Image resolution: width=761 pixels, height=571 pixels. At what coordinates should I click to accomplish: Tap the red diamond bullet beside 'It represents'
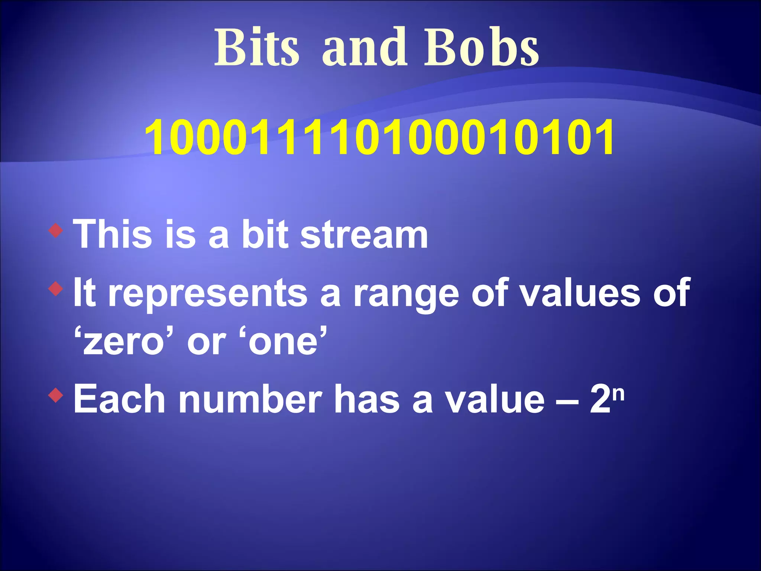tap(56, 289)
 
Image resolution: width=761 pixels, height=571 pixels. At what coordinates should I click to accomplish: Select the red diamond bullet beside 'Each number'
tap(56, 396)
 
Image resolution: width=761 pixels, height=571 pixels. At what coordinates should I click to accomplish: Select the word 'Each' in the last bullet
tap(119, 399)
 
